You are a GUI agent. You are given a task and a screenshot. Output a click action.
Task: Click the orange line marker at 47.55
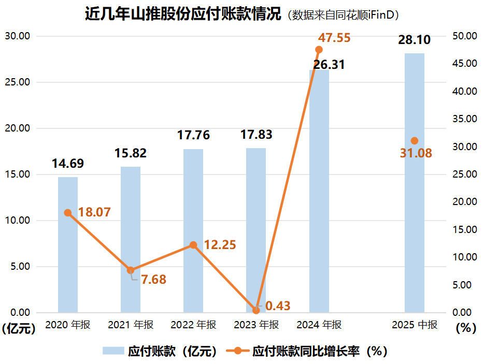(319, 50)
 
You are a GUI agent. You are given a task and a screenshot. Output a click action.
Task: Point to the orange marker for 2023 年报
(256, 310)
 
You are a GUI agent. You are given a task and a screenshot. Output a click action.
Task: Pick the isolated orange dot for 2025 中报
(414, 141)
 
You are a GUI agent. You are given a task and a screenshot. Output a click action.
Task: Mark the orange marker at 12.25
(193, 245)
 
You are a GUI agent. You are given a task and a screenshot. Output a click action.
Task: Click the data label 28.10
(414, 40)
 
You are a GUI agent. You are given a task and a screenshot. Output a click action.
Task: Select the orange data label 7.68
(153, 280)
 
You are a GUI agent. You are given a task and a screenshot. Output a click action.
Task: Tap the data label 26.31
(329, 65)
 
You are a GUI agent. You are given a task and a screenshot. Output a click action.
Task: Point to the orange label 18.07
(94, 212)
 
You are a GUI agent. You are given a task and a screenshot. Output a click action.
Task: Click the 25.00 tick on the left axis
(17, 82)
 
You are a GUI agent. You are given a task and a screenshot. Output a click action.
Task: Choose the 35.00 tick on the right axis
(464, 119)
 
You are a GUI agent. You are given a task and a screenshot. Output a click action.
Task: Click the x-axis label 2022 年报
(193, 325)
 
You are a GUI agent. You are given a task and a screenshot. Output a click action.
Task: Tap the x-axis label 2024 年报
(319, 325)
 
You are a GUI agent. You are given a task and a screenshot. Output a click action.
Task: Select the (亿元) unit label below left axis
(19, 328)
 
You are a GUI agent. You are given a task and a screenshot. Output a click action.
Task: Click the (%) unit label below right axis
(465, 328)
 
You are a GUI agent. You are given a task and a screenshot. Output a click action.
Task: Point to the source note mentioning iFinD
(343, 15)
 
